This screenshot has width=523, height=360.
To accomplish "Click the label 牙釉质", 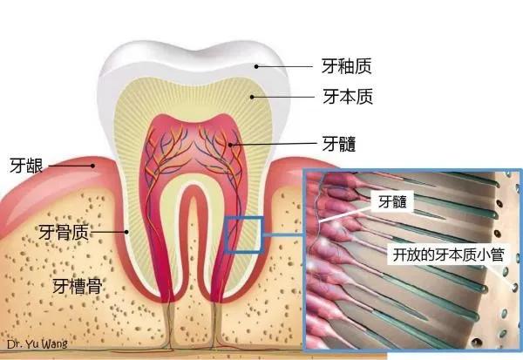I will (346, 65).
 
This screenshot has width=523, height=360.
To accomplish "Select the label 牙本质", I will (346, 96).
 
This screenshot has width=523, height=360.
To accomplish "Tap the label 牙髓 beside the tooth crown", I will (338, 142).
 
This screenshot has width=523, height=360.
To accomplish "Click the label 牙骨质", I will (63, 232).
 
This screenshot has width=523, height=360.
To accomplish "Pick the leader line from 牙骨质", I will (108, 232).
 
